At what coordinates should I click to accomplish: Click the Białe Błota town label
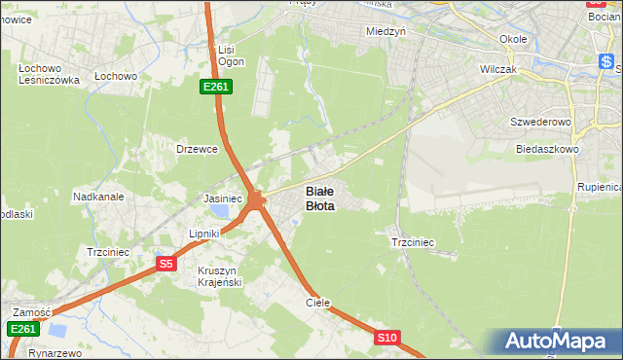(320, 198)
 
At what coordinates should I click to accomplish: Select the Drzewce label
(194, 149)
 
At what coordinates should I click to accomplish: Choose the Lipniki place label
(205, 234)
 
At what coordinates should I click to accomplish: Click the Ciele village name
(318, 303)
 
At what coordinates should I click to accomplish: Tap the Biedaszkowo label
(546, 149)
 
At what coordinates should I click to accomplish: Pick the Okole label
(512, 39)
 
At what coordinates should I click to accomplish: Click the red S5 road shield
(166, 264)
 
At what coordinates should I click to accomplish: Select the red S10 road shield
(386, 338)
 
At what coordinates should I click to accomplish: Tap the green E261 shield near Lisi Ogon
(215, 88)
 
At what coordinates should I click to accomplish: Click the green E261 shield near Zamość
(24, 330)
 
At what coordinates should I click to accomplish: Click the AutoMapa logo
(557, 342)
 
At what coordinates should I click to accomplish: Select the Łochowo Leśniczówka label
(49, 75)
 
